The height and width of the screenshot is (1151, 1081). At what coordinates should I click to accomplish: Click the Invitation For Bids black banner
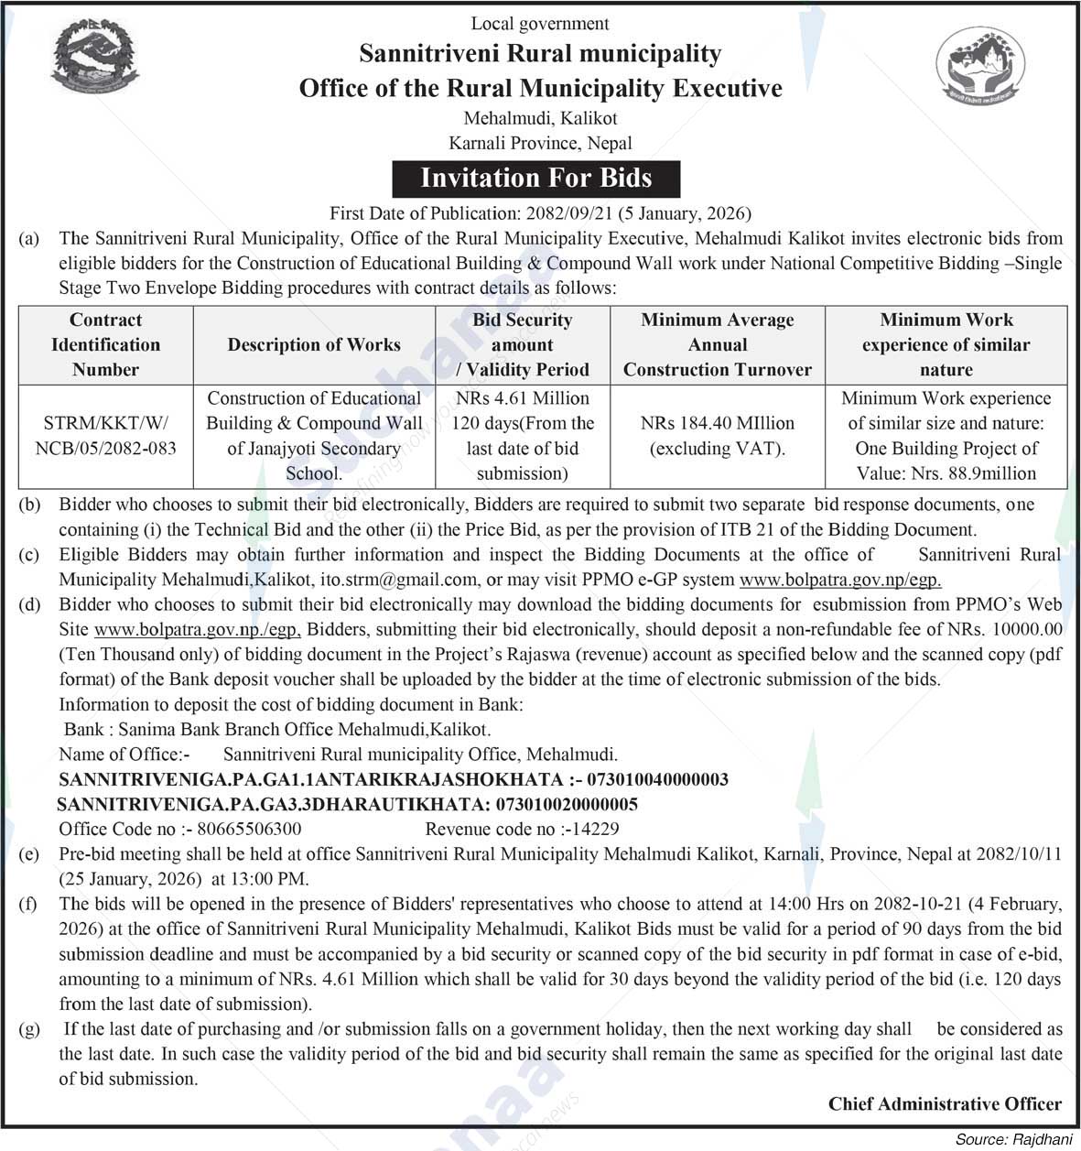point(536,178)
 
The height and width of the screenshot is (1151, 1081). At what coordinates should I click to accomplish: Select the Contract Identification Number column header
point(105,345)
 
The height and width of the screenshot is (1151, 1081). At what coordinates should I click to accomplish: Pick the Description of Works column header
point(314,345)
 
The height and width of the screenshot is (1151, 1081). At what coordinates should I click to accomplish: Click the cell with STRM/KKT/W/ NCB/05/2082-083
point(105,436)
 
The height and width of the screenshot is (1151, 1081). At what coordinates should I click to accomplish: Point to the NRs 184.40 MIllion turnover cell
point(717,436)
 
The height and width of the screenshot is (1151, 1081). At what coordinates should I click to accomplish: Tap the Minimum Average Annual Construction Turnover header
point(717,345)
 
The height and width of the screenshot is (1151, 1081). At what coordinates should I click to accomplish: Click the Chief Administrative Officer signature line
point(945,1104)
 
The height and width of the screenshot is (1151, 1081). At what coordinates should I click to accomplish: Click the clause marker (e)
point(29,854)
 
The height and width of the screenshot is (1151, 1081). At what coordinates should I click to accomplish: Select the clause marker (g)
point(29,1029)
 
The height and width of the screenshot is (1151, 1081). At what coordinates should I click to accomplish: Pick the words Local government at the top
point(540,23)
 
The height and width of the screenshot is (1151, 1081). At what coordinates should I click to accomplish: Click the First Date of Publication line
point(540,213)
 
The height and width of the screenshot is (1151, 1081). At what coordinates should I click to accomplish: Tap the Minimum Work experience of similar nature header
point(946,345)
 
